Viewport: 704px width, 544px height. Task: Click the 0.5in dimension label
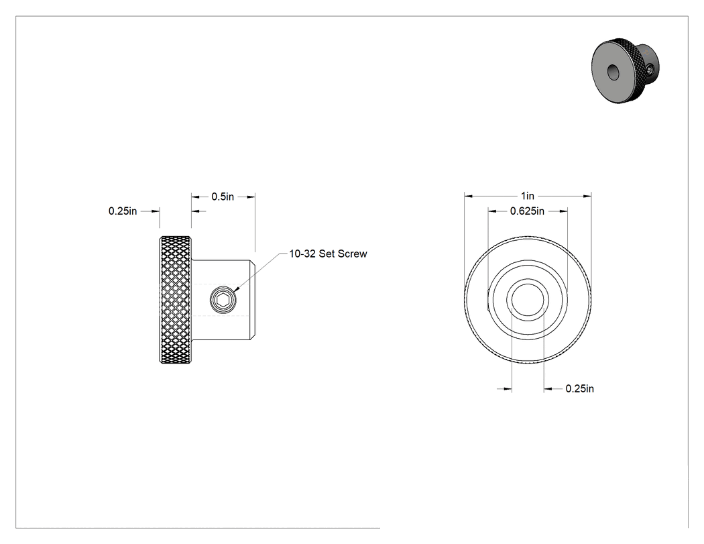tap(223, 197)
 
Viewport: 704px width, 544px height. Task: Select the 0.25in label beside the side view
tap(123, 211)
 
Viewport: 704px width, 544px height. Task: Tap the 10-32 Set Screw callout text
tap(329, 254)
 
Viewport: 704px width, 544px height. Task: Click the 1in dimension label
tap(528, 196)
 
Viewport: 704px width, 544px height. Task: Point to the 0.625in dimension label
tap(527, 211)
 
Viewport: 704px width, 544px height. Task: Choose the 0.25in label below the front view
tap(580, 388)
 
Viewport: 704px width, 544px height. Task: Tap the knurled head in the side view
tap(175, 300)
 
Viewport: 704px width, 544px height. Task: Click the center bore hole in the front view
tap(528, 300)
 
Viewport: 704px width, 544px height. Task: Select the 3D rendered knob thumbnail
tap(626, 70)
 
